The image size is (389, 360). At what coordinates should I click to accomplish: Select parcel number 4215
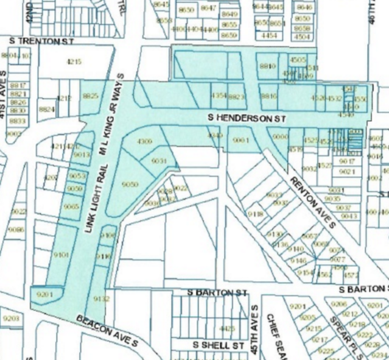(74, 62)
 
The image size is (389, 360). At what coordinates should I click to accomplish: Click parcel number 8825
(90, 96)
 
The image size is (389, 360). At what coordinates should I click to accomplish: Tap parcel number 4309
(144, 141)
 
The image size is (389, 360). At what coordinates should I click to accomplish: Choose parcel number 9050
(130, 184)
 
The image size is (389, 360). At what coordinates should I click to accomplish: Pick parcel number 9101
(61, 253)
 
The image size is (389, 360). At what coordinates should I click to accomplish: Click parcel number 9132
(102, 298)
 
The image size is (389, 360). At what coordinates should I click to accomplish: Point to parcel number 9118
(255, 214)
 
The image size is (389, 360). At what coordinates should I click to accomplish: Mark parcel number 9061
(242, 140)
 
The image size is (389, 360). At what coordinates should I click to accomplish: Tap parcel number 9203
(11, 318)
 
